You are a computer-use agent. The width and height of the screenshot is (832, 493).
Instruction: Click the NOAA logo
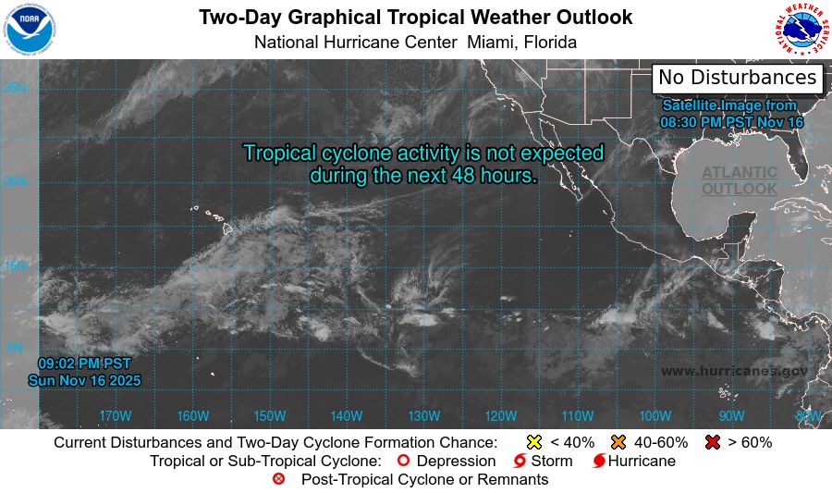click(x=29, y=29)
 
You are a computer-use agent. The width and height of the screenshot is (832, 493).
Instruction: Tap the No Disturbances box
click(x=737, y=78)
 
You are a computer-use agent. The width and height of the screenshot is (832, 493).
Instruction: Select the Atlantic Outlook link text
click(x=739, y=180)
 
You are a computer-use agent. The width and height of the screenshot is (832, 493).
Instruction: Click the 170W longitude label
click(x=115, y=415)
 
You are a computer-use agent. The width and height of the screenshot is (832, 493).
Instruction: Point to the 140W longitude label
click(x=346, y=415)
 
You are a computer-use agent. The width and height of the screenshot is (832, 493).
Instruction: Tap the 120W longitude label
click(x=500, y=415)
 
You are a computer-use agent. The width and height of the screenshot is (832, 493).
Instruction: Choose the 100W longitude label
click(x=655, y=415)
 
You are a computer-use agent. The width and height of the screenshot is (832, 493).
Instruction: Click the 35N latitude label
click(x=14, y=88)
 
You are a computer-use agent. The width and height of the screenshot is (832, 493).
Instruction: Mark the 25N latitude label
click(x=14, y=180)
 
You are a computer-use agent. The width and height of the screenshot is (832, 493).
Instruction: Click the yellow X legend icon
click(x=533, y=442)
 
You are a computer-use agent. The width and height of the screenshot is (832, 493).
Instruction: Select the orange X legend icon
click(x=618, y=442)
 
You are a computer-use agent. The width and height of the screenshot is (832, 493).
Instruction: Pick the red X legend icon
click(x=712, y=442)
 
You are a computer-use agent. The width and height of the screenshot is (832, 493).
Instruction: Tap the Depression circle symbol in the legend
click(x=403, y=461)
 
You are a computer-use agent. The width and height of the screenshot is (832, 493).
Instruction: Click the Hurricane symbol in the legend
click(x=599, y=461)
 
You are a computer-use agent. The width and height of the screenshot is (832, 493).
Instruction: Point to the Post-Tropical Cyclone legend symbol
click(x=278, y=479)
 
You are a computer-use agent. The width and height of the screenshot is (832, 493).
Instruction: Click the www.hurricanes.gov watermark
click(x=734, y=371)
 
